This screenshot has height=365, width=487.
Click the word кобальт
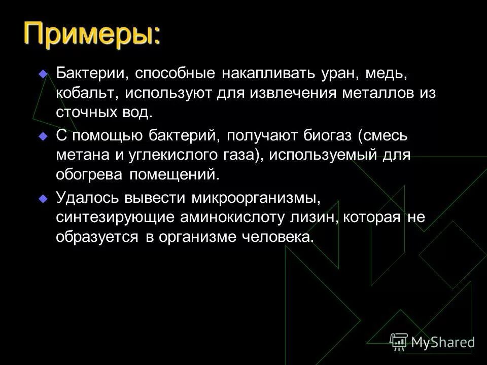(84, 93)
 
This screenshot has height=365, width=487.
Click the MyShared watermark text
(443, 342)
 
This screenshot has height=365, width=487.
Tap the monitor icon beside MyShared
(399, 342)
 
